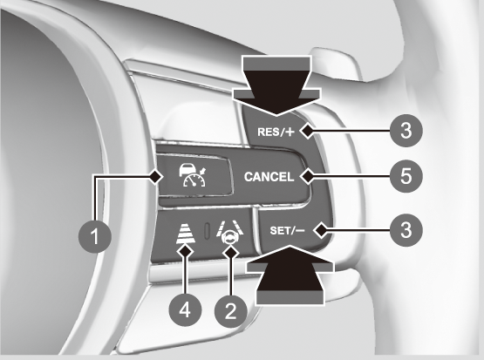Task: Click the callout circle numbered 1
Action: [x=95, y=237]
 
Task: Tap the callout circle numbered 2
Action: [x=231, y=310]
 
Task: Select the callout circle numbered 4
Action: [x=185, y=309]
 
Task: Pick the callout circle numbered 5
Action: [x=406, y=176]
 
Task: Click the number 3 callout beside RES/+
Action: [x=406, y=131]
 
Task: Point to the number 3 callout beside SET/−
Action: [x=406, y=230]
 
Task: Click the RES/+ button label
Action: [x=276, y=132]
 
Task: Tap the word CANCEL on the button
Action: [x=269, y=177]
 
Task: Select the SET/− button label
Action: [x=287, y=230]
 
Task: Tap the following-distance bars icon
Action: [x=186, y=234]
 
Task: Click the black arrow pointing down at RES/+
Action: [x=276, y=85]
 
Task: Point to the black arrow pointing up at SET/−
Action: [x=290, y=275]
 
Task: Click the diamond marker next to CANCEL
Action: [x=308, y=177]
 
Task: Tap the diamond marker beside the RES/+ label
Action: [x=308, y=132]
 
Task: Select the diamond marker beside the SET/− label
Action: [x=320, y=230]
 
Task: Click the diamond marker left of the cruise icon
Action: [x=156, y=177]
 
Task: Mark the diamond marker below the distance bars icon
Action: [x=185, y=250]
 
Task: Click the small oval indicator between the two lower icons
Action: [x=208, y=231]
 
